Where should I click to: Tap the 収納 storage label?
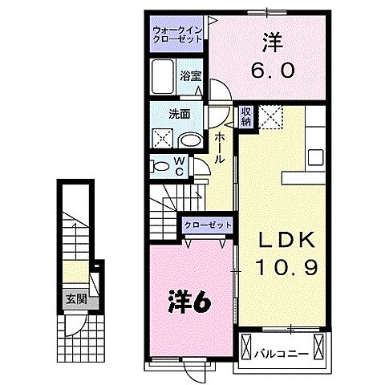245,116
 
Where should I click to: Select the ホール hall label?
219,149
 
